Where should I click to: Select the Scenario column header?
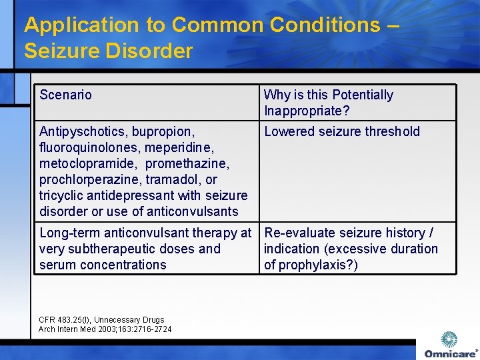click(65, 95)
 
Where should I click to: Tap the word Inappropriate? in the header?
click(307, 111)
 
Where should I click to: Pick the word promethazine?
click(186, 163)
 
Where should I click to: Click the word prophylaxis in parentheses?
click(318, 265)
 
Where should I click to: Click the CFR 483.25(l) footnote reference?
click(67, 320)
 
